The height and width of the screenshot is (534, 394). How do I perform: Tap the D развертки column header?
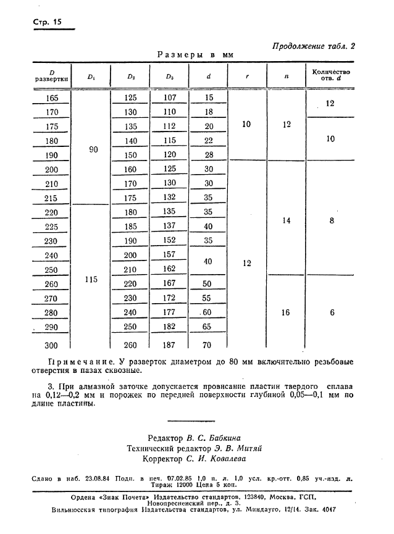[52, 75]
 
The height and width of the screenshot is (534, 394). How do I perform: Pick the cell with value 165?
[52, 98]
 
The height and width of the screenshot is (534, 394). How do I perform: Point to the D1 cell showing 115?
[91, 279]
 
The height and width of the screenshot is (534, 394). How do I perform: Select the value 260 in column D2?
[131, 344]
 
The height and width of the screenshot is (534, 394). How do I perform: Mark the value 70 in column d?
[208, 344]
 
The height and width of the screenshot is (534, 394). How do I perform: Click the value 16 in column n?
[286, 312]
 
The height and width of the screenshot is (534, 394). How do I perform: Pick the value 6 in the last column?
[332, 312]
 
